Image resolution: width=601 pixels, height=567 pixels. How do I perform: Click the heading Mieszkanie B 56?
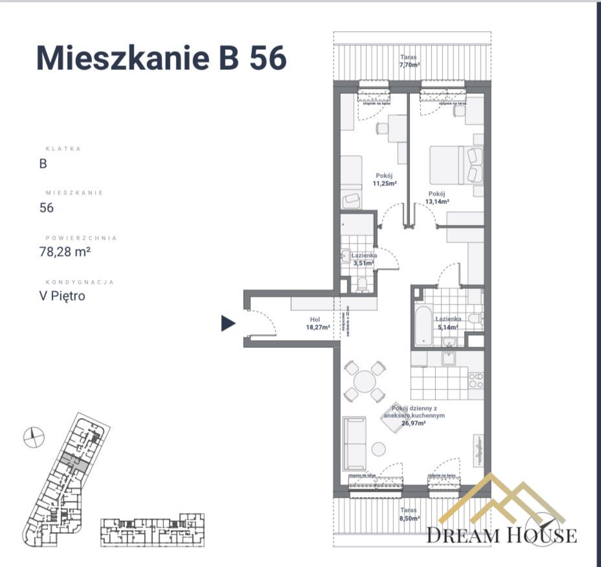[161, 58]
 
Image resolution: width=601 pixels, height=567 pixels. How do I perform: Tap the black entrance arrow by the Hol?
[228, 323]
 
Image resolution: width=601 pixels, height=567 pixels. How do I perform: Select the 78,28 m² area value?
[65, 252]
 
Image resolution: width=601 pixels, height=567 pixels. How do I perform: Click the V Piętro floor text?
[62, 296]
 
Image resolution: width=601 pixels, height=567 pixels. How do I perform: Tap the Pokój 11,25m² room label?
[384, 179]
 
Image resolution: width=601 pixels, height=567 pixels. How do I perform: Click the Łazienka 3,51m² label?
[365, 259]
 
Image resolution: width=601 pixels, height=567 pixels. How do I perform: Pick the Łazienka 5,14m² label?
[448, 322]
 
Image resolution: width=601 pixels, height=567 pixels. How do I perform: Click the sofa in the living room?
[354, 444]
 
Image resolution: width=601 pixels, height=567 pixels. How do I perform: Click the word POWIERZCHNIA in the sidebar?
[81, 238]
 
